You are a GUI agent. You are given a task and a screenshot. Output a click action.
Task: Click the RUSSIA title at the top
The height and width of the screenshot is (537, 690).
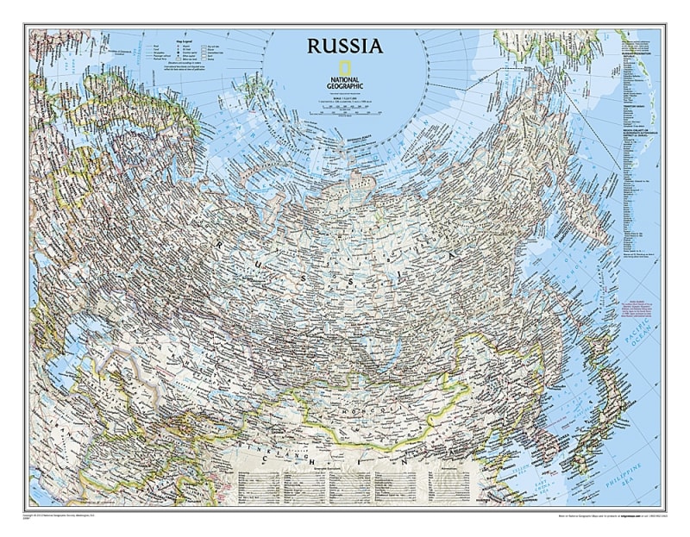pyautogui.click(x=343, y=45)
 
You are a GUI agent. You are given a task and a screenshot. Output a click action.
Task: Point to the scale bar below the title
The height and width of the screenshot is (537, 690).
pyautogui.click(x=344, y=103)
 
